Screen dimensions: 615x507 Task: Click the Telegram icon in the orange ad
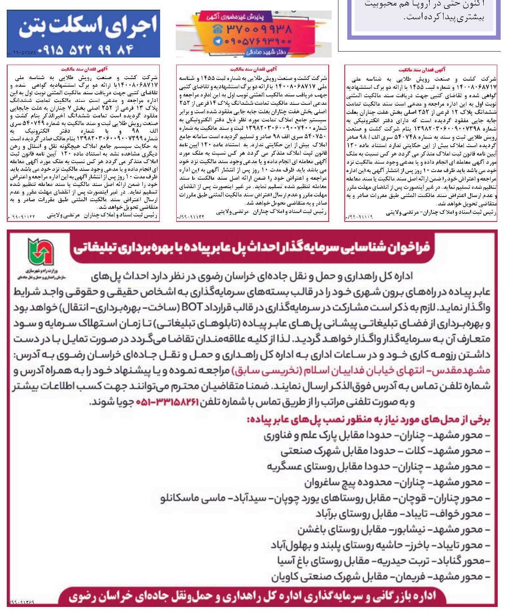pos(218,41)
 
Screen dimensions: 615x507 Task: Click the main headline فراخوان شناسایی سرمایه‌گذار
pos(251,247)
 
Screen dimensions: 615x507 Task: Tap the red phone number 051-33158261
pos(167,402)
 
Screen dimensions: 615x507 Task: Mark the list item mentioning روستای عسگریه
pos(379,467)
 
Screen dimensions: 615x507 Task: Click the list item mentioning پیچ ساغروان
pos(397,482)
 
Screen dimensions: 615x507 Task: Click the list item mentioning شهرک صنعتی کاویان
pos(380,576)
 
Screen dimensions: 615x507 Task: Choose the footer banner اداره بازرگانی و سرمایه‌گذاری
pos(252,596)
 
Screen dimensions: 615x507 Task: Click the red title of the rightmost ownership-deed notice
pos(422,70)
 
